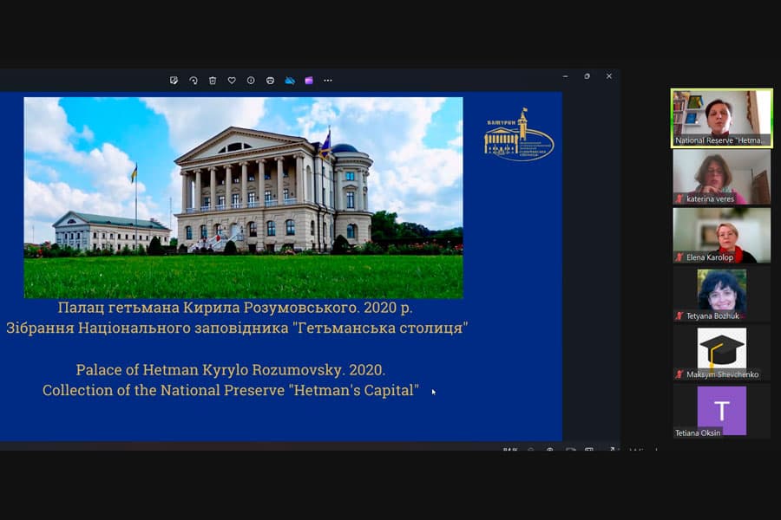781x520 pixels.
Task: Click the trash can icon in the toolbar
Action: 213,81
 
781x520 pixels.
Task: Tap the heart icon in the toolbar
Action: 232,81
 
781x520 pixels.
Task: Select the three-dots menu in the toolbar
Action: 328,81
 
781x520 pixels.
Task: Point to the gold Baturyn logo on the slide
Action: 518,136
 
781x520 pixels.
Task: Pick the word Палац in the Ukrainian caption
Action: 81,308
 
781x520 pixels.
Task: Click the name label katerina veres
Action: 710,198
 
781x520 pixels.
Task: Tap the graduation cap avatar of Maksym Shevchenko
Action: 722,349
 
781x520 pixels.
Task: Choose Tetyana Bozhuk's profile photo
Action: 722,290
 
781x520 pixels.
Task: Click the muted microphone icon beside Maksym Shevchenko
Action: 679,374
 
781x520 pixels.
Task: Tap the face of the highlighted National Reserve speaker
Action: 719,113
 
